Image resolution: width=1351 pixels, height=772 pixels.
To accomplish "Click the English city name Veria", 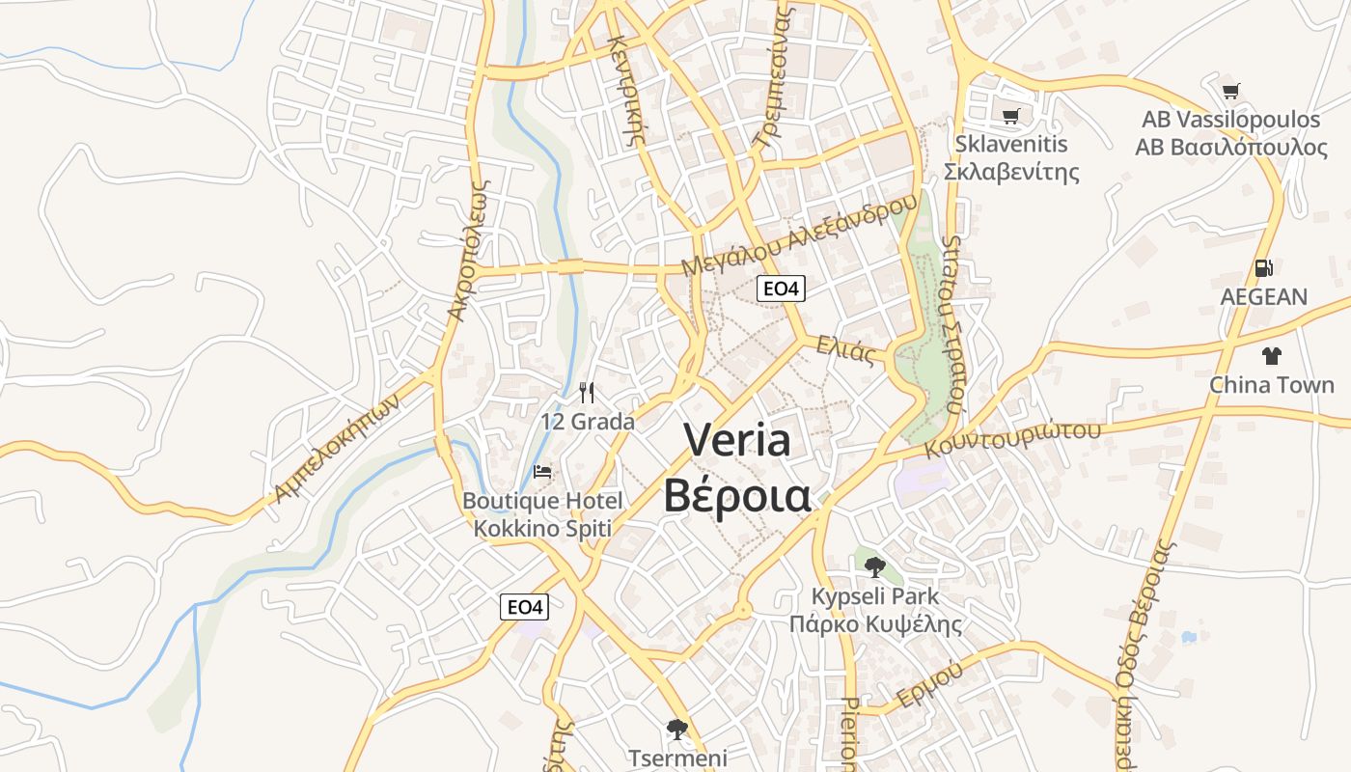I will coord(738,440).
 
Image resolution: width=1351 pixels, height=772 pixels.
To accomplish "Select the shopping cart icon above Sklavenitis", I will coord(1010,117).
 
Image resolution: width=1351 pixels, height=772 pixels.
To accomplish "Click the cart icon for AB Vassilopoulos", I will coord(1230,92).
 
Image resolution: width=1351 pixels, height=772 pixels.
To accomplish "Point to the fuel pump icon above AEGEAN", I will coord(1263,268).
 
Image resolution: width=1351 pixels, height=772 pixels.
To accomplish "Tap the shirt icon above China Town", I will coord(1271,355).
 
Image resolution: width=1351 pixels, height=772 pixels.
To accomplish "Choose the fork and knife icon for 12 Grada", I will coord(587,392).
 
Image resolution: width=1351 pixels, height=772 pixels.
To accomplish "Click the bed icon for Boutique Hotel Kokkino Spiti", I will coord(542,472).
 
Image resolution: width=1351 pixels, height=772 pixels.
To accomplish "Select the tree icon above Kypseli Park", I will coord(874,566).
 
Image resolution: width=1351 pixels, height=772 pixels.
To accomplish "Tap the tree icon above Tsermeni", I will coord(677,729).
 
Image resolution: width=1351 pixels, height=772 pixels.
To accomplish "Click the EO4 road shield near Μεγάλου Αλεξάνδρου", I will coord(781,288).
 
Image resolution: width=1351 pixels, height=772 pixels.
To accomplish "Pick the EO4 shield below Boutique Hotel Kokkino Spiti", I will coord(525,607).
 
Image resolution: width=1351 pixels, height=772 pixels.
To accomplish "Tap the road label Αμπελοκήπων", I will coord(336,451).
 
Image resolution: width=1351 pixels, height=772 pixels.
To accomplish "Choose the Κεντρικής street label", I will coord(625,89).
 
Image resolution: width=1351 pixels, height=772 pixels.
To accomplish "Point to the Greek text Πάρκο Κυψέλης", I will coord(875,624).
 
